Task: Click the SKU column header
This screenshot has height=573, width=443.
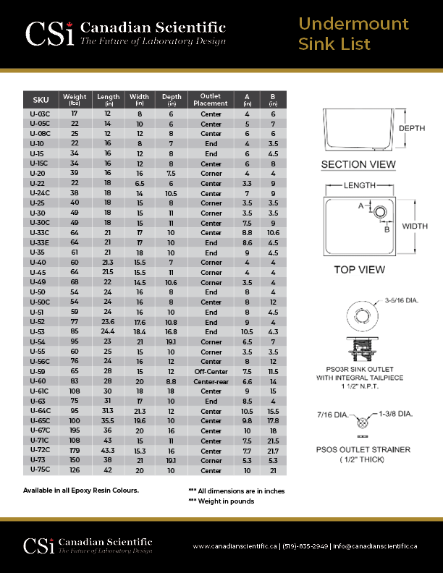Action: [41, 100]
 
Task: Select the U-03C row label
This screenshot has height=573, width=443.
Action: [41, 114]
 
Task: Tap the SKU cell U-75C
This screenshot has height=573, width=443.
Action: [41, 470]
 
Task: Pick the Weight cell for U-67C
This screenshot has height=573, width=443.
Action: [75, 430]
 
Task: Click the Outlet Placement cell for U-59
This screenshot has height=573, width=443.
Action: [211, 371]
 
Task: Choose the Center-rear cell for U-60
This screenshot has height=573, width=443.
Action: [211, 381]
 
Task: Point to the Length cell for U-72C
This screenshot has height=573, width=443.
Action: [108, 451]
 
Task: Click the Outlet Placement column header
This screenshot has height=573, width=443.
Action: [211, 100]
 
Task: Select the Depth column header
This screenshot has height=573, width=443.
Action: [172, 100]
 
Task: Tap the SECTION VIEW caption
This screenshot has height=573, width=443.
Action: [358, 165]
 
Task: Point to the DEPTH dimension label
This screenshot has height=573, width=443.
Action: [412, 128]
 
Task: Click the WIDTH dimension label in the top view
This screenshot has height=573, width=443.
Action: [415, 226]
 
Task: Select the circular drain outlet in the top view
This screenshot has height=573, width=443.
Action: [379, 212]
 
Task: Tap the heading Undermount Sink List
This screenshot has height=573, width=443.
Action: [354, 34]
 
